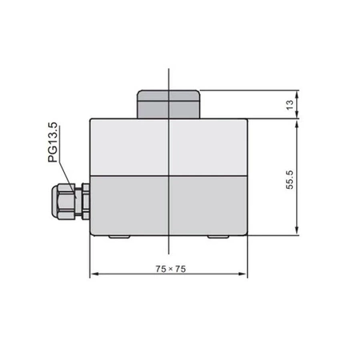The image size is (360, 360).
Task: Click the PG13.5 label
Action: pos(53,144)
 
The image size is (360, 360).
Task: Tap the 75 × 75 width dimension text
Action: pos(169,269)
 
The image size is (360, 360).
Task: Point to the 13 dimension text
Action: pos(293,103)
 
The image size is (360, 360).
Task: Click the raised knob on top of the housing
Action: pos(169,104)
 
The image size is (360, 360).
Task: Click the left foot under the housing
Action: pos(119,238)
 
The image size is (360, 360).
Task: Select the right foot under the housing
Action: pos(218,238)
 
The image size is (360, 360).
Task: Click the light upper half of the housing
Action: pos(169,146)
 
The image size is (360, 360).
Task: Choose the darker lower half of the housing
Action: pos(169,206)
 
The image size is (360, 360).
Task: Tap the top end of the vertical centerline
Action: pos(169,70)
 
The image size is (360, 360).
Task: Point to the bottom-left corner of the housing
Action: pos(90,235)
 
